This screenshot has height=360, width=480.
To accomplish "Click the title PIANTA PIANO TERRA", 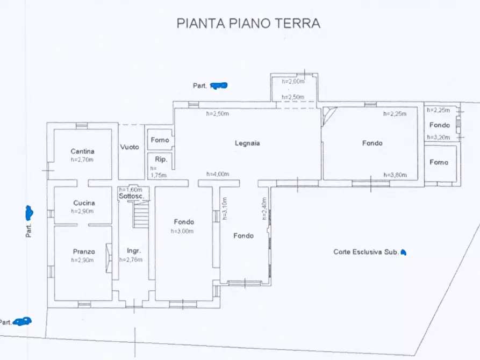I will [248, 23].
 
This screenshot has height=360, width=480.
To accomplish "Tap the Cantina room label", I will [83, 151].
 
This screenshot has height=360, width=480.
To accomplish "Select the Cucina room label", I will [83, 203].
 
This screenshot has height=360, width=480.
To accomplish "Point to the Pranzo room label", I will [83, 251].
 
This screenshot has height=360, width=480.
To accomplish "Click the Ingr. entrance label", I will [133, 251].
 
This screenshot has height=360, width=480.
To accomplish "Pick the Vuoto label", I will [130, 147].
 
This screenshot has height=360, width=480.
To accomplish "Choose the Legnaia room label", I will [247, 143].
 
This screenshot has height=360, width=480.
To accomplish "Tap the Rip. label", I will [161, 160].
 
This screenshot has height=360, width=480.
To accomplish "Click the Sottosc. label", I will [131, 197].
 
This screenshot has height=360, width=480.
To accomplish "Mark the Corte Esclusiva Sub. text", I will [366, 251].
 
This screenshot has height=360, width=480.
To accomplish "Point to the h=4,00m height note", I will [218, 174].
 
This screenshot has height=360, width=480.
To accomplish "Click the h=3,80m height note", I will [395, 175].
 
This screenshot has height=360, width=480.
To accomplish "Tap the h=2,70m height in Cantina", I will [83, 159].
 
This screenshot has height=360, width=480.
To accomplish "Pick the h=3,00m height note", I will [182, 231].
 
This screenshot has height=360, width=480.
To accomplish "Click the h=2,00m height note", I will [293, 81].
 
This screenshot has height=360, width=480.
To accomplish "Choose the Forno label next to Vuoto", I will [160, 140].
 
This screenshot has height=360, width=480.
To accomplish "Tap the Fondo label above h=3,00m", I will [184, 222].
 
